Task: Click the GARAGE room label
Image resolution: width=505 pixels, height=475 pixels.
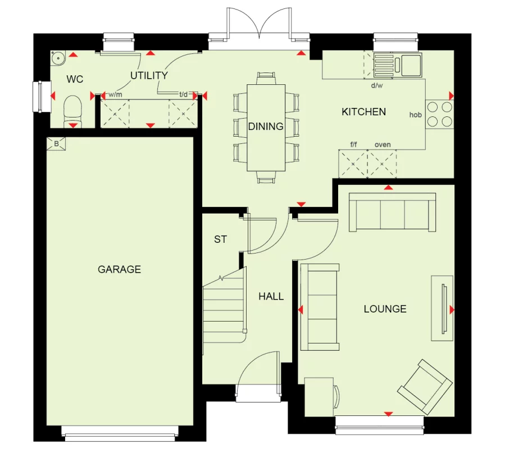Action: click(x=119, y=269)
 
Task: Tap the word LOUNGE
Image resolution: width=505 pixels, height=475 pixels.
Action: click(x=385, y=309)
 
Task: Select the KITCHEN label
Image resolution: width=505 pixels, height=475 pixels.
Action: click(x=363, y=112)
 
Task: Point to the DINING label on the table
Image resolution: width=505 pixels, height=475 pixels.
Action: click(x=266, y=126)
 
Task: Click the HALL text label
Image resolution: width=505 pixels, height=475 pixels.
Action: click(x=271, y=296)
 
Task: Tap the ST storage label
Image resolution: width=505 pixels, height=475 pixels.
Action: click(x=220, y=239)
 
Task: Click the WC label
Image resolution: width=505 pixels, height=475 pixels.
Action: click(x=75, y=79)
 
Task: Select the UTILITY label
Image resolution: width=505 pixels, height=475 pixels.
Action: click(x=149, y=75)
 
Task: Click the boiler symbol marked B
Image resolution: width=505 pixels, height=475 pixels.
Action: click(x=56, y=144)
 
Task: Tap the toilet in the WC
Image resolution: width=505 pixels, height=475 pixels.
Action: click(x=72, y=111)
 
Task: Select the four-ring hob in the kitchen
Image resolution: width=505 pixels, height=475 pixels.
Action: click(x=439, y=114)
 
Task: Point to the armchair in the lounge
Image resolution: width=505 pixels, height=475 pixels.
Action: click(x=425, y=386)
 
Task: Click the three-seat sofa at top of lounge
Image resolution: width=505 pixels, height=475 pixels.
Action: click(x=392, y=212)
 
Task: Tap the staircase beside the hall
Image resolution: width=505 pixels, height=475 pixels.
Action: click(x=224, y=304)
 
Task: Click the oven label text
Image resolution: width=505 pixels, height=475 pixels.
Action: click(x=382, y=145)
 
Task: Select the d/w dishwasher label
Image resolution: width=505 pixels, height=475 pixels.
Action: click(x=376, y=86)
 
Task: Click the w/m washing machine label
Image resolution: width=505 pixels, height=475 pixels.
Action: click(x=115, y=94)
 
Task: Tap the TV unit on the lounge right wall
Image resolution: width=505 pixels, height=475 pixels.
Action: click(x=442, y=308)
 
